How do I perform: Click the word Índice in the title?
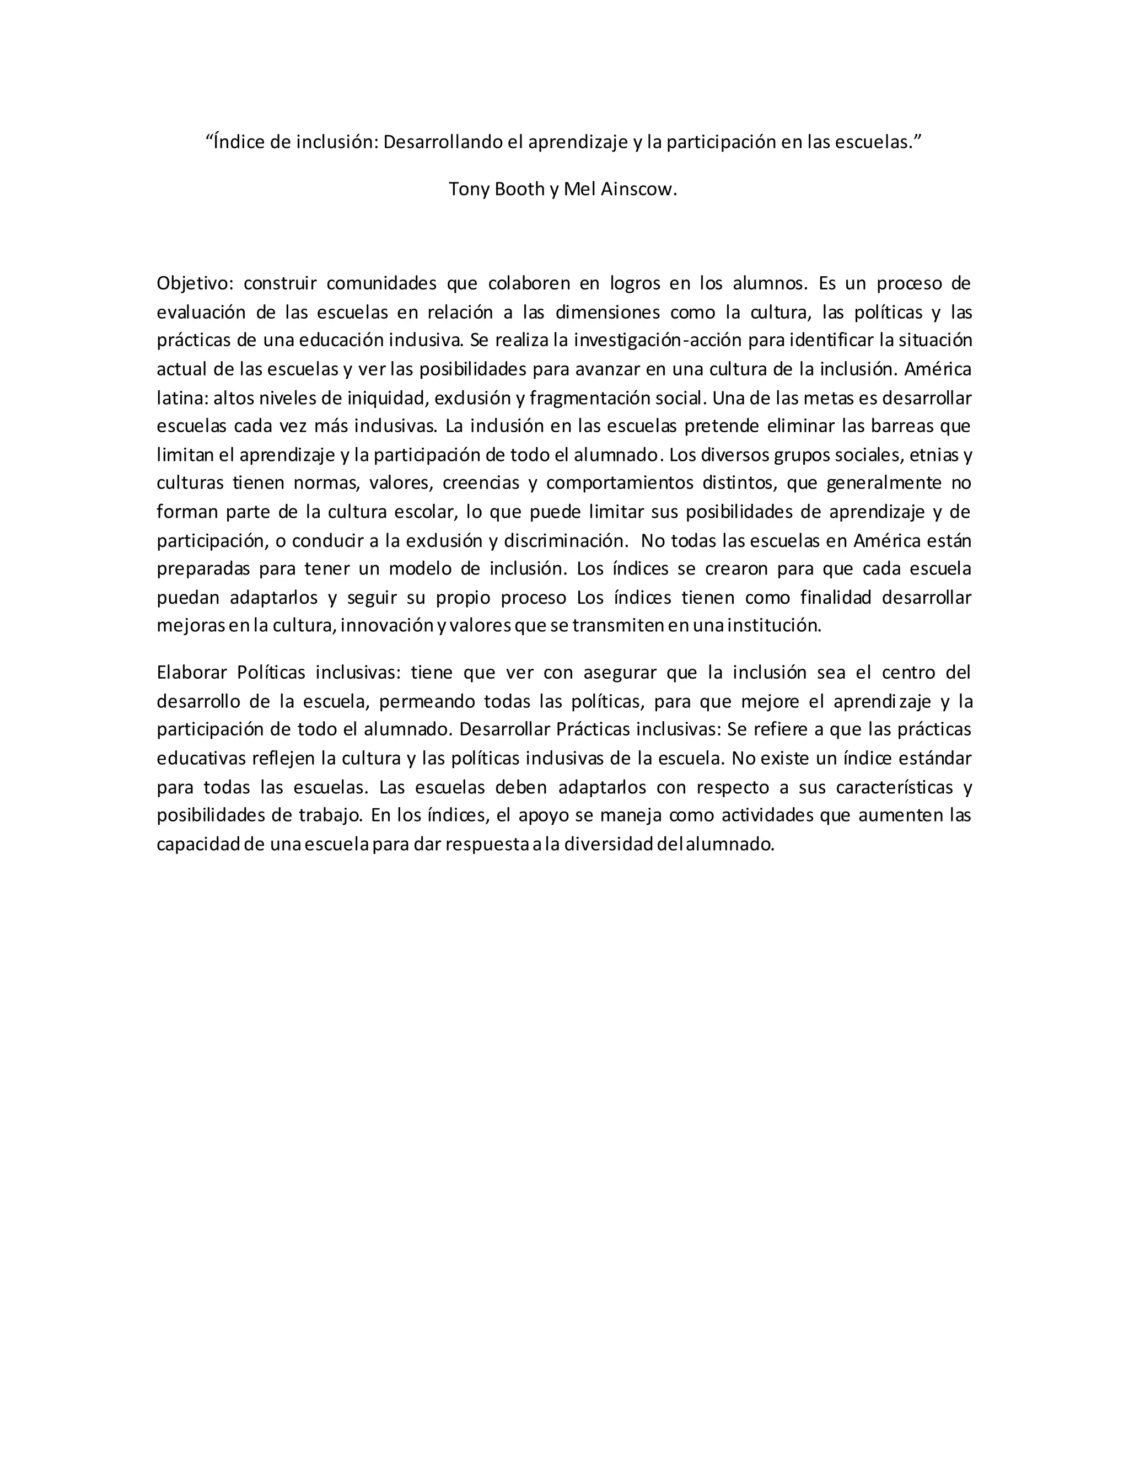tap(239, 142)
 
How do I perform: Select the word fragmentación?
tap(590, 398)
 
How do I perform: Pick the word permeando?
tap(426, 701)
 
